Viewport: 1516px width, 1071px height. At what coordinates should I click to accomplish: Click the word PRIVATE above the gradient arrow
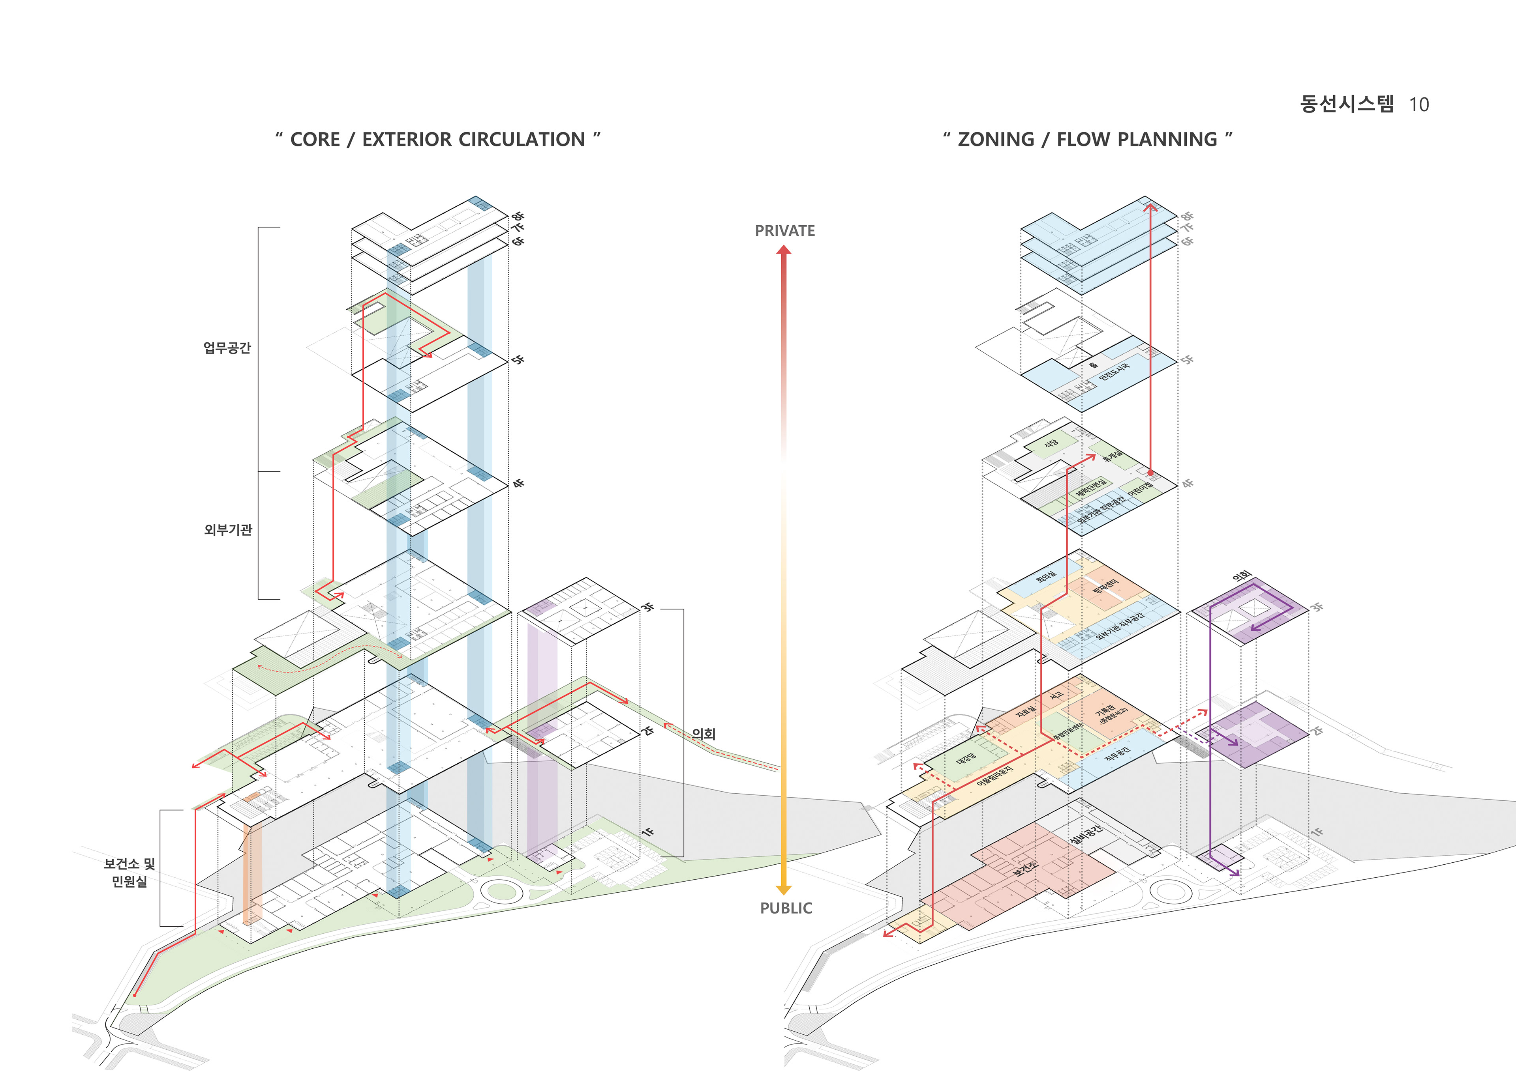pos(784,231)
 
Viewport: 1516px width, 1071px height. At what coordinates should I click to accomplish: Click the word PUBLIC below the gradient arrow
pos(786,908)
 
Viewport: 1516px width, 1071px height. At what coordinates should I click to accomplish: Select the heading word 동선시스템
pos(1347,104)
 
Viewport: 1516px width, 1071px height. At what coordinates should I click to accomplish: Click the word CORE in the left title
pos(315,140)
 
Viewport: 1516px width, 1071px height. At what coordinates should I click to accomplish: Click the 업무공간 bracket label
pos(227,348)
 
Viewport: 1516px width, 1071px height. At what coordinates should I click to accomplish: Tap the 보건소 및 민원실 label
pos(129,872)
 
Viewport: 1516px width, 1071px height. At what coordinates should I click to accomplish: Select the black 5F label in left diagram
pos(518,360)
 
